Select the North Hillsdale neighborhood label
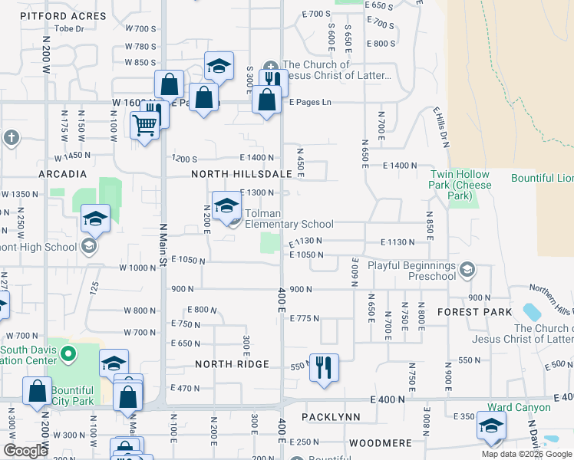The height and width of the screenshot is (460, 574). pyautogui.click(x=242, y=174)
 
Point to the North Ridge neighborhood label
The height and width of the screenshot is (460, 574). pyautogui.click(x=232, y=364)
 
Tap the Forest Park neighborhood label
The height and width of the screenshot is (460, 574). pyautogui.click(x=474, y=312)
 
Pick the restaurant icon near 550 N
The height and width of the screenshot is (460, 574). pyautogui.click(x=324, y=367)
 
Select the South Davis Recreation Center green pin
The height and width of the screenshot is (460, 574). pyautogui.click(x=68, y=354)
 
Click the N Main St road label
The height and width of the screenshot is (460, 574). pyautogui.click(x=163, y=245)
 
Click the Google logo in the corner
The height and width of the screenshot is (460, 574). pyautogui.click(x=25, y=451)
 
